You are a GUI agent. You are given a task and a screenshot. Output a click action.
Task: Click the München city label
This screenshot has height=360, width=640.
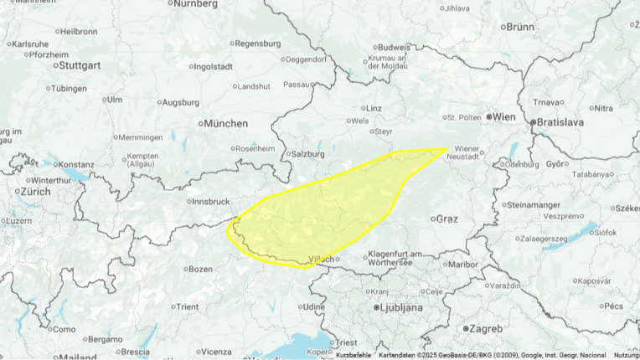tap(226, 123)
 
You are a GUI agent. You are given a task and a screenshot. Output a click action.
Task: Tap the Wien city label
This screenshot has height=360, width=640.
tap(505, 116)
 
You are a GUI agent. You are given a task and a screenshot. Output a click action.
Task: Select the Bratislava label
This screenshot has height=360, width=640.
tap(560, 122)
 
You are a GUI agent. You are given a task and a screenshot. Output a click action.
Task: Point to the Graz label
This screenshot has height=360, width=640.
tap(446, 219)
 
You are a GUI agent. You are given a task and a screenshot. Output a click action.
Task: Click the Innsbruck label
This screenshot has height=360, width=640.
tap(210, 201)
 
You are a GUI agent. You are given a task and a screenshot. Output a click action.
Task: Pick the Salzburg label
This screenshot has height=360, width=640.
tap(307, 154)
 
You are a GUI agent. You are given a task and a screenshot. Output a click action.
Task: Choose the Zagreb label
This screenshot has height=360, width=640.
tap(487, 327)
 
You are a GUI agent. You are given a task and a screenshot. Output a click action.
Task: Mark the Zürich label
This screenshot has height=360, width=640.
tap(36, 191)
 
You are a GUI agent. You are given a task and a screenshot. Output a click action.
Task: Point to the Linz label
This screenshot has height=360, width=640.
tap(374, 108)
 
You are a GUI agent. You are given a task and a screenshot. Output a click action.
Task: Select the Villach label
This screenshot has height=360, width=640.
tap(322, 259)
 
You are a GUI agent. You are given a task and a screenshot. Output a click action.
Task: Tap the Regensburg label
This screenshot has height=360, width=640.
tap(258, 44)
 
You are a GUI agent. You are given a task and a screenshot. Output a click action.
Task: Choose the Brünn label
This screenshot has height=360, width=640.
tap(520, 27)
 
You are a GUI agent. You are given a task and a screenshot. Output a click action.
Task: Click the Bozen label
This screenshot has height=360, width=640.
tap(201, 269)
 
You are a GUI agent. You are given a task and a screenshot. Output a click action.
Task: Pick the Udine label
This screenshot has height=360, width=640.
tap(313, 307)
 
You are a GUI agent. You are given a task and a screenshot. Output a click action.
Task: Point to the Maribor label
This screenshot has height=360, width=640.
tap(462, 265)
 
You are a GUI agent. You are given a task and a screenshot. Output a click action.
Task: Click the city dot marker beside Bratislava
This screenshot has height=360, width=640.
tap(533, 122)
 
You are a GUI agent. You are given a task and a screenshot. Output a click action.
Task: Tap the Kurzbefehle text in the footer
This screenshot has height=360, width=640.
tap(354, 355)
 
